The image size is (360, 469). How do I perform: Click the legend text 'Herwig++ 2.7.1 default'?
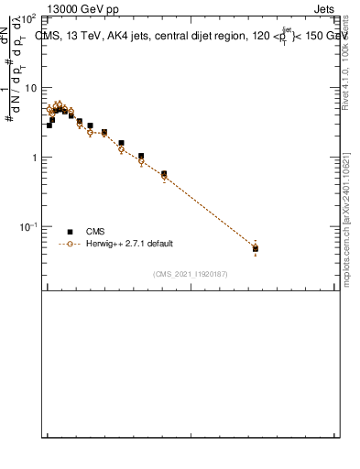[x=129, y=244]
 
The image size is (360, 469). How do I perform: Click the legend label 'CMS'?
[x=95, y=232]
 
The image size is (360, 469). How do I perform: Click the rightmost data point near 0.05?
[x=256, y=248]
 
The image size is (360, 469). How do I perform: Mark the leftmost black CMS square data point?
[x=49, y=125]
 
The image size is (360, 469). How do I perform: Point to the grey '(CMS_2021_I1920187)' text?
[x=190, y=274]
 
